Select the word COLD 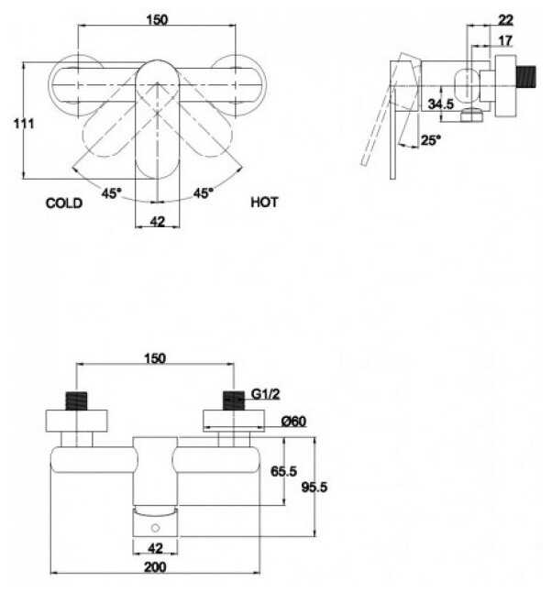[x=64, y=203]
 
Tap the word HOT [x=265, y=203]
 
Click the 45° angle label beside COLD [x=112, y=193]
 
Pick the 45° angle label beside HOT [x=203, y=193]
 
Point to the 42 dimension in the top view [x=157, y=220]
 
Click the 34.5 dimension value [x=441, y=104]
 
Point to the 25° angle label [x=430, y=140]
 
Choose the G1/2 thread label [x=263, y=396]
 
